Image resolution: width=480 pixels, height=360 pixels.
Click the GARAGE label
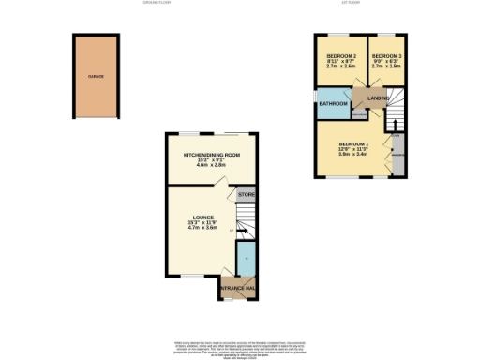click(96, 75)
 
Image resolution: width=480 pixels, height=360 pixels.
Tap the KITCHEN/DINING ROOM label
click(205, 155)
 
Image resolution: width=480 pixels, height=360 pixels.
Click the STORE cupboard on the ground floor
click(247, 194)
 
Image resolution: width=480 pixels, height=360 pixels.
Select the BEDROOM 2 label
click(340, 56)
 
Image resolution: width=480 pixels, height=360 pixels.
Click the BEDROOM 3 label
click(385, 56)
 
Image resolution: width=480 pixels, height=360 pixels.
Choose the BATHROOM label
click(334, 103)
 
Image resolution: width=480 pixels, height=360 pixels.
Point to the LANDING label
click(378, 97)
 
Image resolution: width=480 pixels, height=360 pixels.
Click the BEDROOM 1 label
click(353, 142)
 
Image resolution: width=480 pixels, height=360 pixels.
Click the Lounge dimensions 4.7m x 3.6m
click(203, 228)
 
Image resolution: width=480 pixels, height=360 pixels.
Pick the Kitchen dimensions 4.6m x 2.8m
click(205, 166)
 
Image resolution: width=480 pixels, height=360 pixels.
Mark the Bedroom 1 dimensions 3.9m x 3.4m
click(353, 154)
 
